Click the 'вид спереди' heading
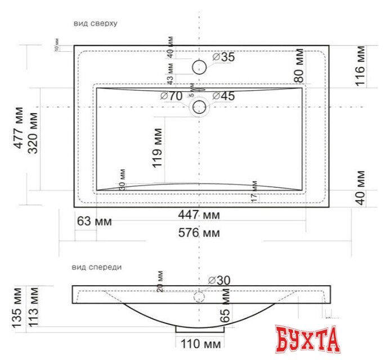click(x=97, y=267)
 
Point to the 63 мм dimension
click(x=94, y=221)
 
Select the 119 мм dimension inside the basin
click(x=157, y=147)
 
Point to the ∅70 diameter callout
click(x=171, y=96)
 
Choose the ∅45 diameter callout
click(x=223, y=96)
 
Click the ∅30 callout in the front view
click(x=219, y=280)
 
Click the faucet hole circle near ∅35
click(x=199, y=67)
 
